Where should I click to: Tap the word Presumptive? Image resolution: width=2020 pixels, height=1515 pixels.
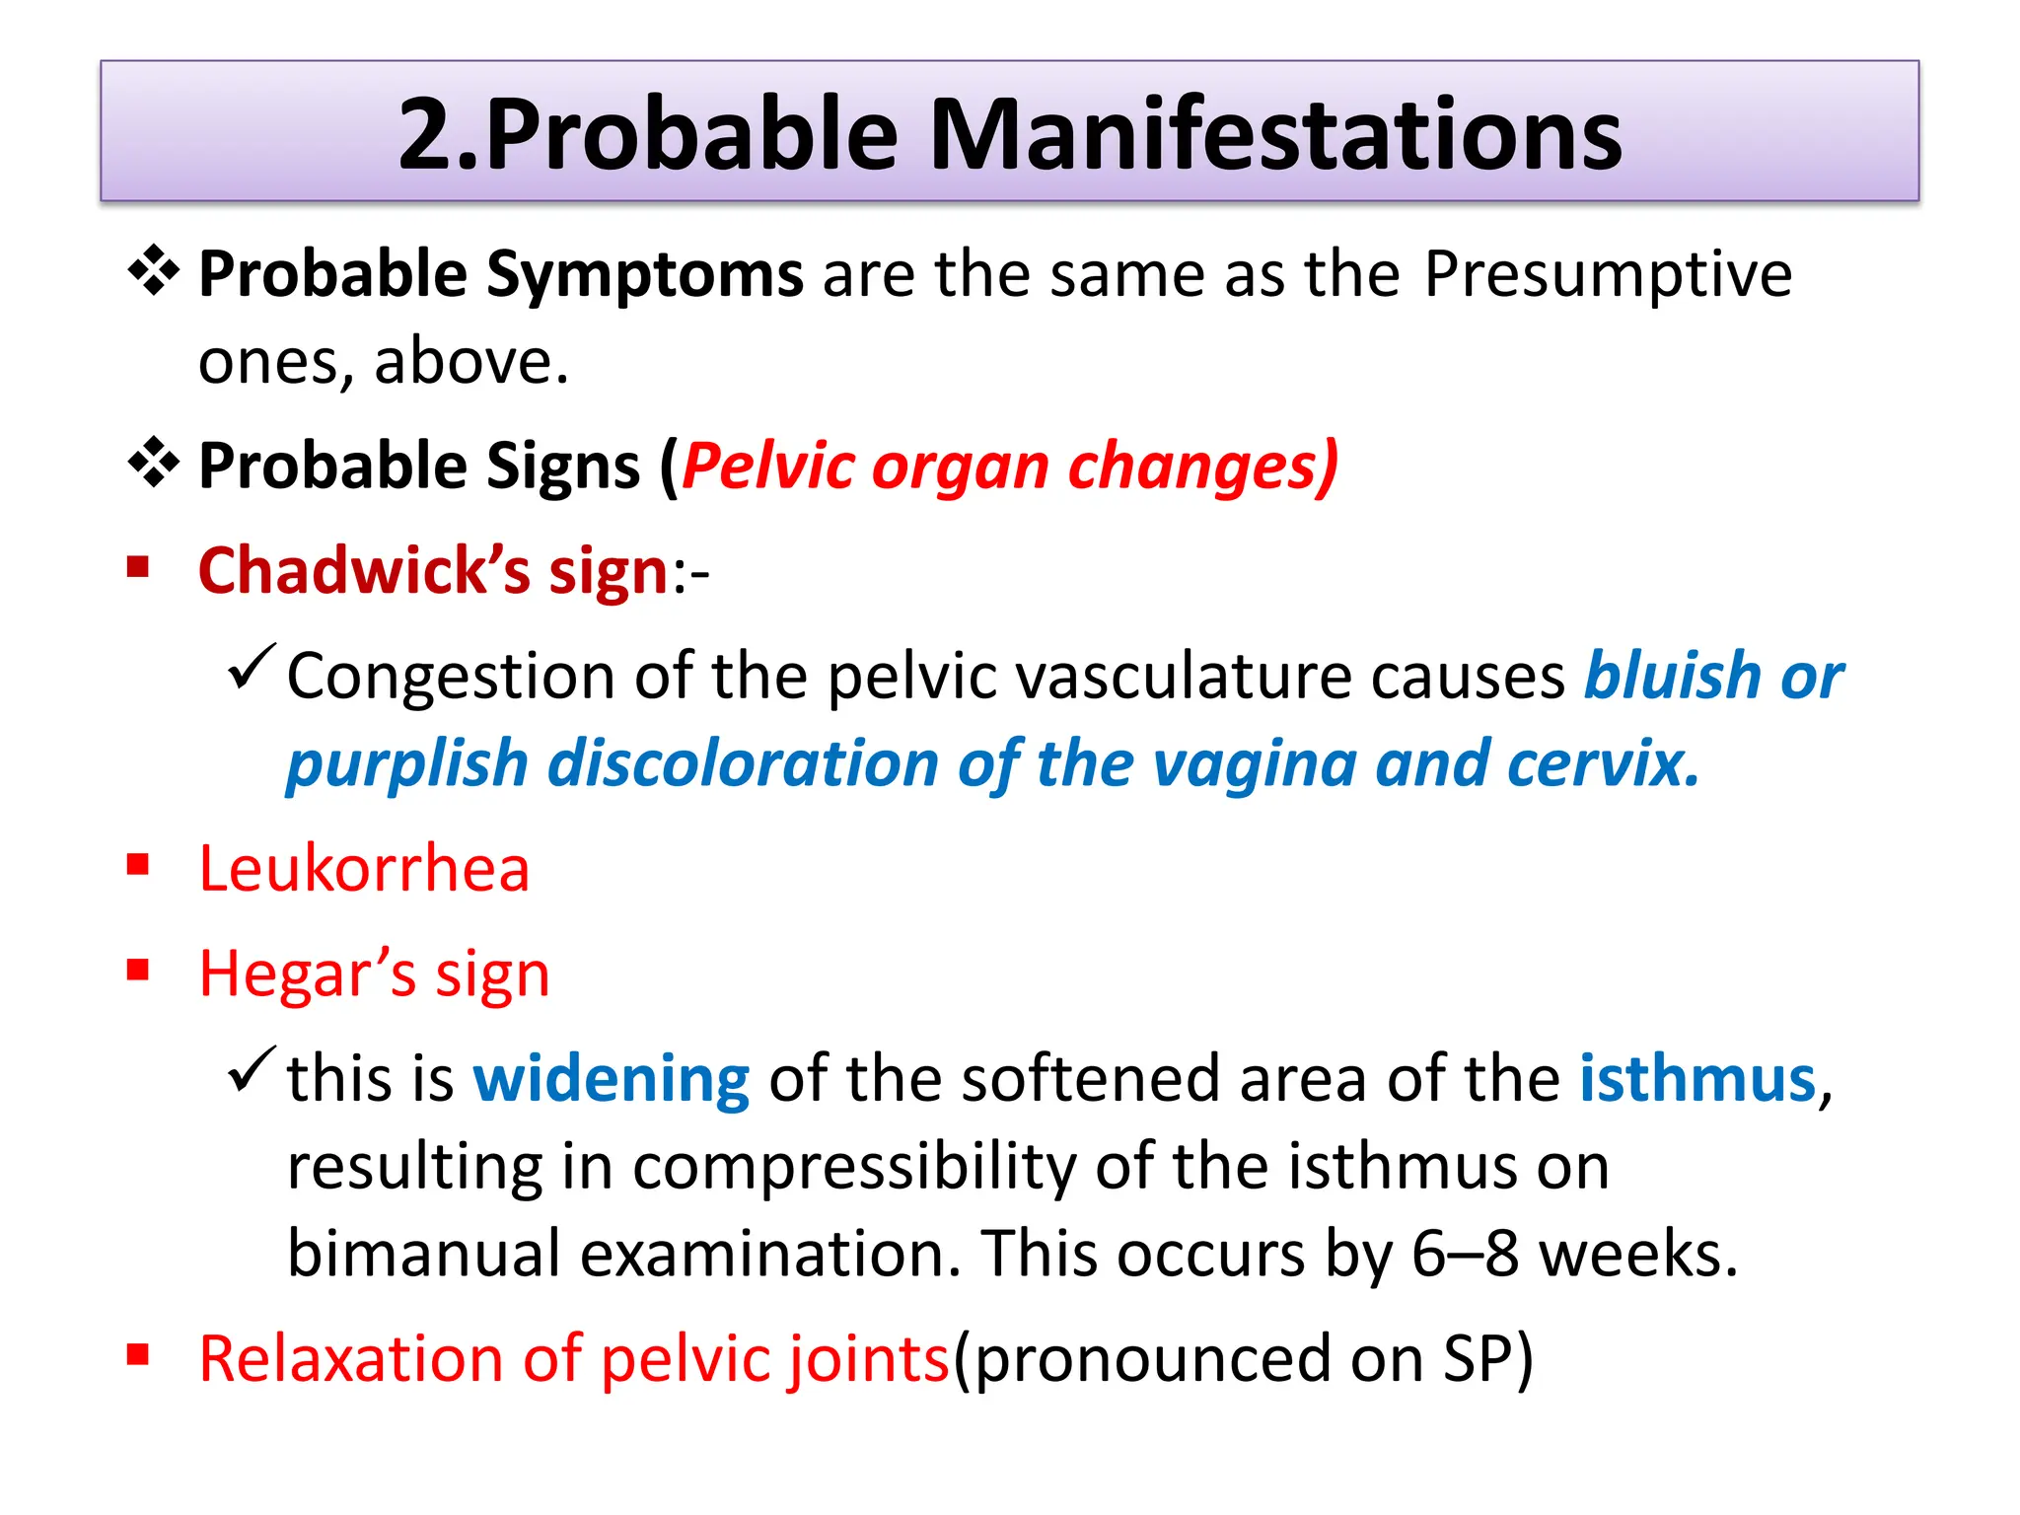pos(1608,274)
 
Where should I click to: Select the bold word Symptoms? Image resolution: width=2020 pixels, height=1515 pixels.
pos(645,274)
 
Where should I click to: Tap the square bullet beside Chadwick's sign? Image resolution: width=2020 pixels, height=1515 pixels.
pos(138,567)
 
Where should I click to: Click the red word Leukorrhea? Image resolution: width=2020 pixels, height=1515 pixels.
pos(364,869)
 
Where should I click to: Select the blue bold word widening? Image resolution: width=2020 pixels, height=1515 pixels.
pos(612,1079)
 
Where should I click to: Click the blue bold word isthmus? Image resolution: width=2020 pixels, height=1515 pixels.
pos(1697,1079)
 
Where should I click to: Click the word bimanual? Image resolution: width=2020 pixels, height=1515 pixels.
pos(424,1254)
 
